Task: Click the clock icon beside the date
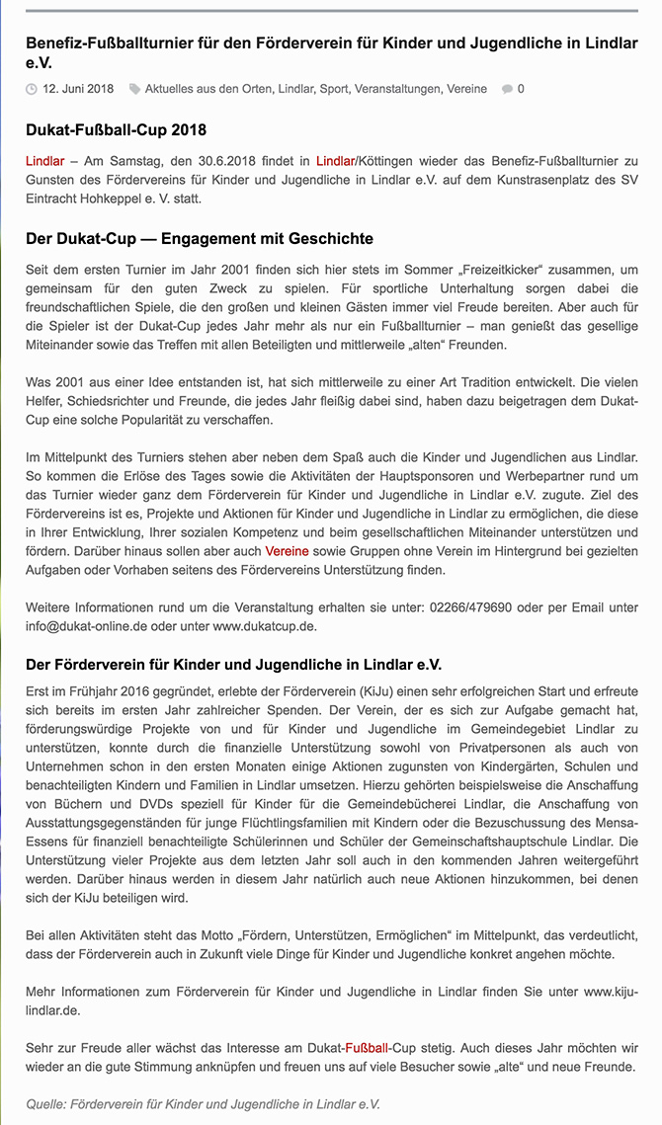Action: [x=32, y=89]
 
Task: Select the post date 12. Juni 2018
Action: [x=78, y=89]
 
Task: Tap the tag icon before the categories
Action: [x=134, y=89]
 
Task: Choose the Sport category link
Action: [x=333, y=89]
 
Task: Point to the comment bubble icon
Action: [x=507, y=89]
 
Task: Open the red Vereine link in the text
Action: [x=287, y=550]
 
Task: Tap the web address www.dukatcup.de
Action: [x=265, y=626]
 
